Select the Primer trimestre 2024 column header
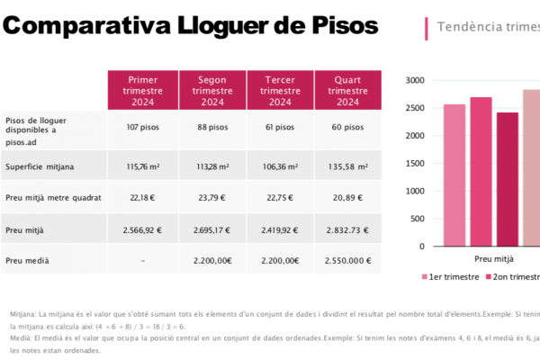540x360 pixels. pyautogui.click(x=143, y=90)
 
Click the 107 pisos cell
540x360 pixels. pyautogui.click(x=143, y=127)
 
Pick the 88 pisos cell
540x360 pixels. pyautogui.click(x=212, y=127)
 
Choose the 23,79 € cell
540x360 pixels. pyautogui.click(x=212, y=197)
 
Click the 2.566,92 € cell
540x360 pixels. pyautogui.click(x=143, y=229)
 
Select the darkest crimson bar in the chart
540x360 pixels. pyautogui.click(x=508, y=180)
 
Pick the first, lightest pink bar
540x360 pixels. pyautogui.click(x=454, y=175)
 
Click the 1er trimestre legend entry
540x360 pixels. pyautogui.click(x=449, y=277)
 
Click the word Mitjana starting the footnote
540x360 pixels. pyautogui.click(x=23, y=314)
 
